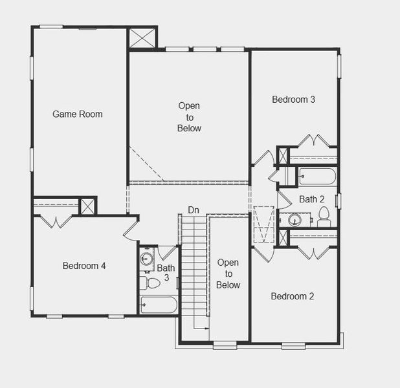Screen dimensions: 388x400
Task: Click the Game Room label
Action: click(x=78, y=114)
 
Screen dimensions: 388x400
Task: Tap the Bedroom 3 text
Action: click(x=293, y=100)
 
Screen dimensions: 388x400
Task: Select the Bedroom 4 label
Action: click(x=84, y=266)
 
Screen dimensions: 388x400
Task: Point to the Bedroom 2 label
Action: click(x=292, y=296)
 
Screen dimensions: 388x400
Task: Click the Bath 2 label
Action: click(x=311, y=199)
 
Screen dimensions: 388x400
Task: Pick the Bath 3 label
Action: click(x=166, y=272)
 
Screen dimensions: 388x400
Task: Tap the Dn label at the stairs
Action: click(x=194, y=210)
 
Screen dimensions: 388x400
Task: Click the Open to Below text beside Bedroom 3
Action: click(x=189, y=117)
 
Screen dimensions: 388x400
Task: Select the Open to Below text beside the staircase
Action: click(x=228, y=274)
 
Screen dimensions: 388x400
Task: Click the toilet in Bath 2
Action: click(x=324, y=218)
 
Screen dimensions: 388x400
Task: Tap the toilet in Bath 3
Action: click(x=151, y=283)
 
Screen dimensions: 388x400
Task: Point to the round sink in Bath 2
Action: click(x=294, y=220)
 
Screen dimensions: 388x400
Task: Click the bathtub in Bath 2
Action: click(x=317, y=176)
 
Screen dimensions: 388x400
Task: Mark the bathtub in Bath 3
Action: click(x=159, y=304)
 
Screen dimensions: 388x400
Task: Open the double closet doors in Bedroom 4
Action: click(x=56, y=221)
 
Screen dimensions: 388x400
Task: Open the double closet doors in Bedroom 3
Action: click(x=314, y=141)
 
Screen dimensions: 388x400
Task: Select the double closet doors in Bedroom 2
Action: click(x=313, y=253)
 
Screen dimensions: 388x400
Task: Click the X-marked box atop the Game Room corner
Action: click(x=142, y=38)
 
